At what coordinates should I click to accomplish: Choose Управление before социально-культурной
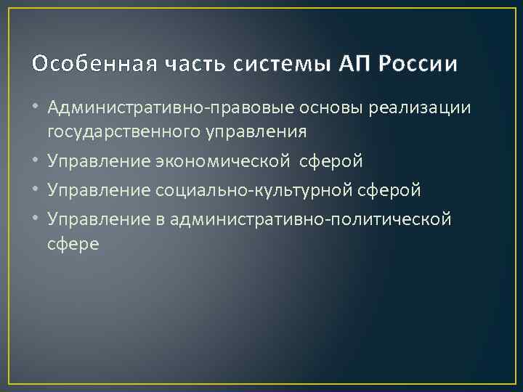click(x=99, y=189)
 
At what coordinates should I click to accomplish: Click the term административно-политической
click(x=312, y=218)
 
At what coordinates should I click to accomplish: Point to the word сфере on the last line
click(x=73, y=243)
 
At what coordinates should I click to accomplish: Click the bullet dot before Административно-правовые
click(x=37, y=108)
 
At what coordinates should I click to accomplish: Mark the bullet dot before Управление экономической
click(x=37, y=159)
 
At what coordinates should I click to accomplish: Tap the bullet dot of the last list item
click(x=37, y=219)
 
